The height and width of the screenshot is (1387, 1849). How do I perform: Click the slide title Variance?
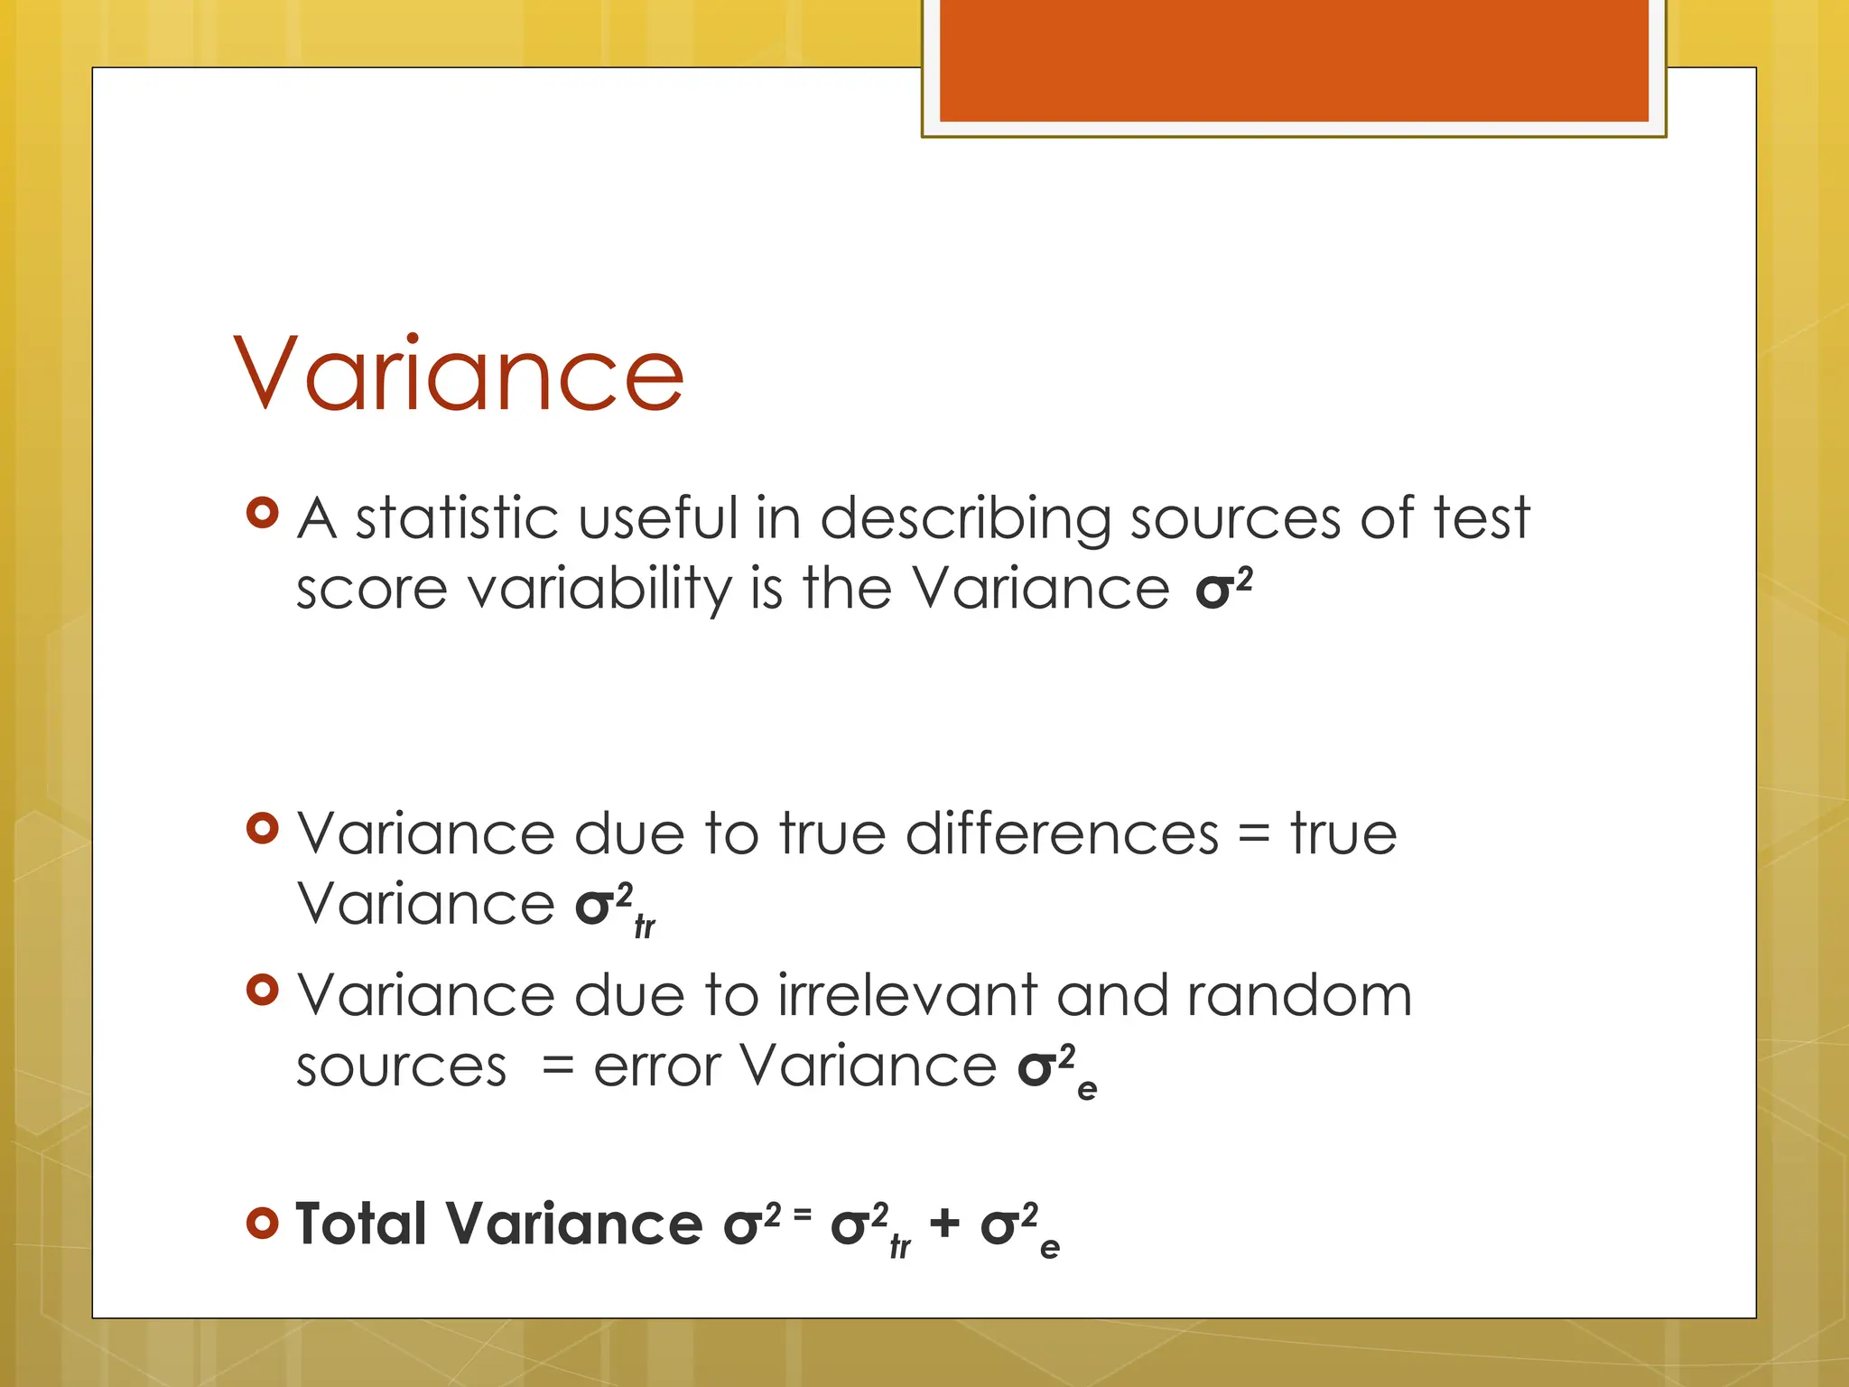click(x=459, y=374)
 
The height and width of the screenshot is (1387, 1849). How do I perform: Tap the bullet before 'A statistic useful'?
click(x=262, y=513)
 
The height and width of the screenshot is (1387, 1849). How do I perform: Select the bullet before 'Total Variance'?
click(x=262, y=1224)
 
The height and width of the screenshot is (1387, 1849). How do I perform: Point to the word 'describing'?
click(x=965, y=522)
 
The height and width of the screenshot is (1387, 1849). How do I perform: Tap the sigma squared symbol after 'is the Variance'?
click(x=1223, y=589)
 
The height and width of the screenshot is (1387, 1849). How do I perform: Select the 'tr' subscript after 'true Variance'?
click(x=645, y=926)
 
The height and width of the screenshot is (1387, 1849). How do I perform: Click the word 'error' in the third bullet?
click(x=656, y=1067)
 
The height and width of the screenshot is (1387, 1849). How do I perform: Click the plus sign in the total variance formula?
click(x=944, y=1224)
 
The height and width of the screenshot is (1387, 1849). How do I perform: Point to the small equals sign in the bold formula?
click(x=803, y=1215)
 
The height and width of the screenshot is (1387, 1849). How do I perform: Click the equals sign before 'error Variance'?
click(x=558, y=1067)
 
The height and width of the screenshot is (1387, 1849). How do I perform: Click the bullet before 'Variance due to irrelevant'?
click(x=262, y=991)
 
